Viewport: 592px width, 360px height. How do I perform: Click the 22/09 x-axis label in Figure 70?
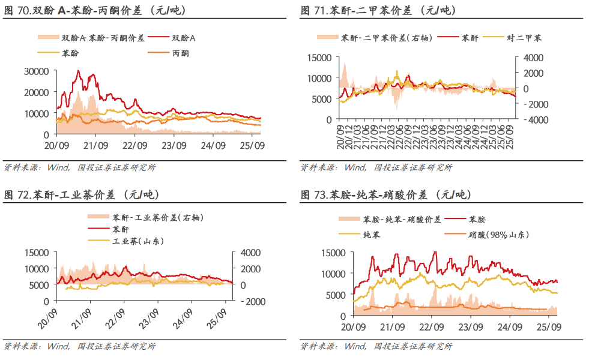pyautogui.click(x=135, y=145)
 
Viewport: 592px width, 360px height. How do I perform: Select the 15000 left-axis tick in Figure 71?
pyautogui.click(x=319, y=58)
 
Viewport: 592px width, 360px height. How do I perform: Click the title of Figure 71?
pyautogui.click(x=378, y=10)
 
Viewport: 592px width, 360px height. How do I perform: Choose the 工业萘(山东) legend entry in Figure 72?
pyautogui.click(x=138, y=241)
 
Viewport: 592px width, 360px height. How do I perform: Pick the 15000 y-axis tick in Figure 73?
pyautogui.click(x=334, y=253)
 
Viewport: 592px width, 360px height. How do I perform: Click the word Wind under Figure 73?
pyautogui.click(x=355, y=346)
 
